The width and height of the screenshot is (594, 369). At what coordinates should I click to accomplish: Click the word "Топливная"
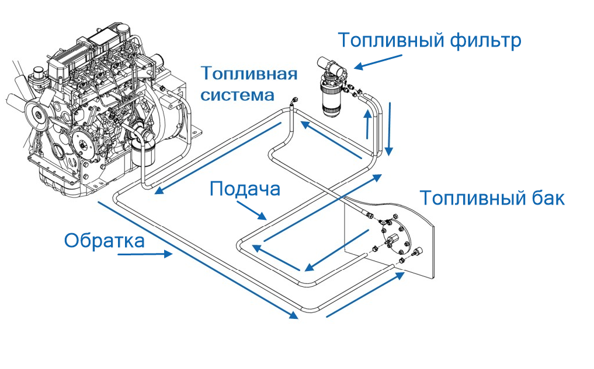coord(249,74)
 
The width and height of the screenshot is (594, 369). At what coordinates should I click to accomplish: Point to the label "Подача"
coord(245,189)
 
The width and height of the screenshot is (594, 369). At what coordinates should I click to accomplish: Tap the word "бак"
coord(546,198)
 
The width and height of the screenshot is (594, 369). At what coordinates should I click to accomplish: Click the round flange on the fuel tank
coord(396,238)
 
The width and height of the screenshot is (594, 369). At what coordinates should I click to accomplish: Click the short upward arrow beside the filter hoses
coord(367,125)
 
